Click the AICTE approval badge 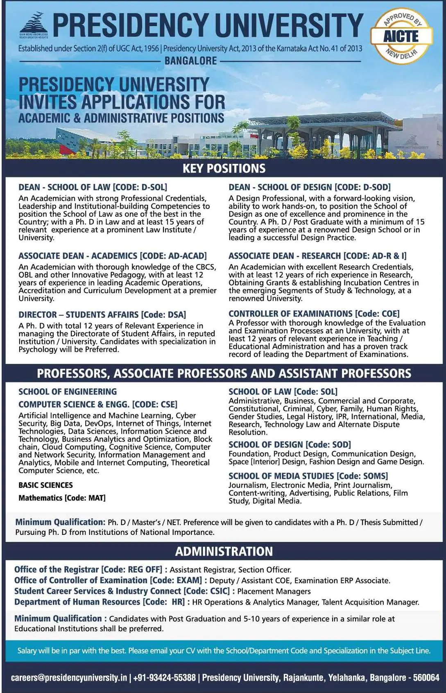[x=402, y=36]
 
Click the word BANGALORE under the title [x=190, y=61]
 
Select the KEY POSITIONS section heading [x=224, y=168]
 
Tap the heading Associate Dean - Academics [x=78, y=256]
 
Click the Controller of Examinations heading [x=290, y=314]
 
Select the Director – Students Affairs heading [x=78, y=315]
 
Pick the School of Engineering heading [x=68, y=392]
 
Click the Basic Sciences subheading [x=45, y=485]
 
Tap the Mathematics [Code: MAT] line [x=62, y=498]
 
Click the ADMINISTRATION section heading [x=224, y=551]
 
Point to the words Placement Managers [x=274, y=591]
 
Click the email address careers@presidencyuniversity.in [x=69, y=678]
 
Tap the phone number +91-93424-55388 [x=164, y=678]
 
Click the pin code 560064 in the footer [x=426, y=678]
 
